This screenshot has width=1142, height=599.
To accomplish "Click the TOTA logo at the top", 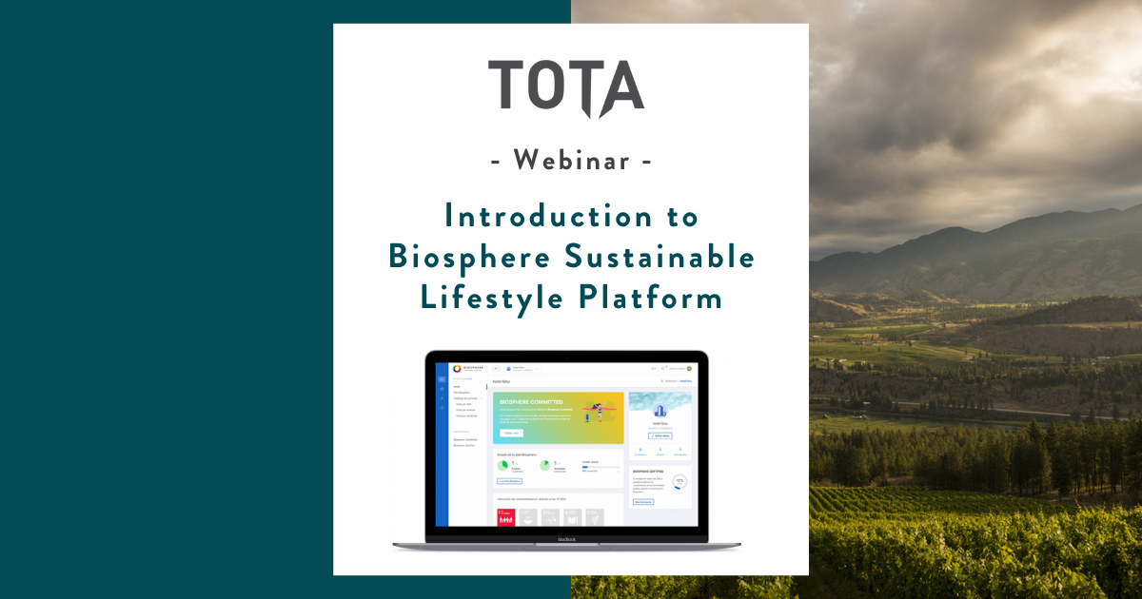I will click(566, 87).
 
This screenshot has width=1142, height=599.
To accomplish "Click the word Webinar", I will click(571, 161).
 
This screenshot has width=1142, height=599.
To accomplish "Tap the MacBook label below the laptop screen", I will click(566, 539).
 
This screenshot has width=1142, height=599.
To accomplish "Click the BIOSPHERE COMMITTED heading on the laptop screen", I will click(531, 402).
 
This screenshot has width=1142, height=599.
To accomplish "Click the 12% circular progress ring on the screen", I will click(679, 481).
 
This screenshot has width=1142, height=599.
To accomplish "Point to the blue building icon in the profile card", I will click(660, 410).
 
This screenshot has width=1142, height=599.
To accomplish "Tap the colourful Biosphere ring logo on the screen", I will click(457, 369).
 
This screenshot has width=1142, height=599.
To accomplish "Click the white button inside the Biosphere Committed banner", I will click(511, 433).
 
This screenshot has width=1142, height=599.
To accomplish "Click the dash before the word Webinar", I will click(497, 162).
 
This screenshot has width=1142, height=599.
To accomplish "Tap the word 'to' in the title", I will click(680, 216).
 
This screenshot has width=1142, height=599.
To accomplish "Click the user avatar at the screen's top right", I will click(688, 368).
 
